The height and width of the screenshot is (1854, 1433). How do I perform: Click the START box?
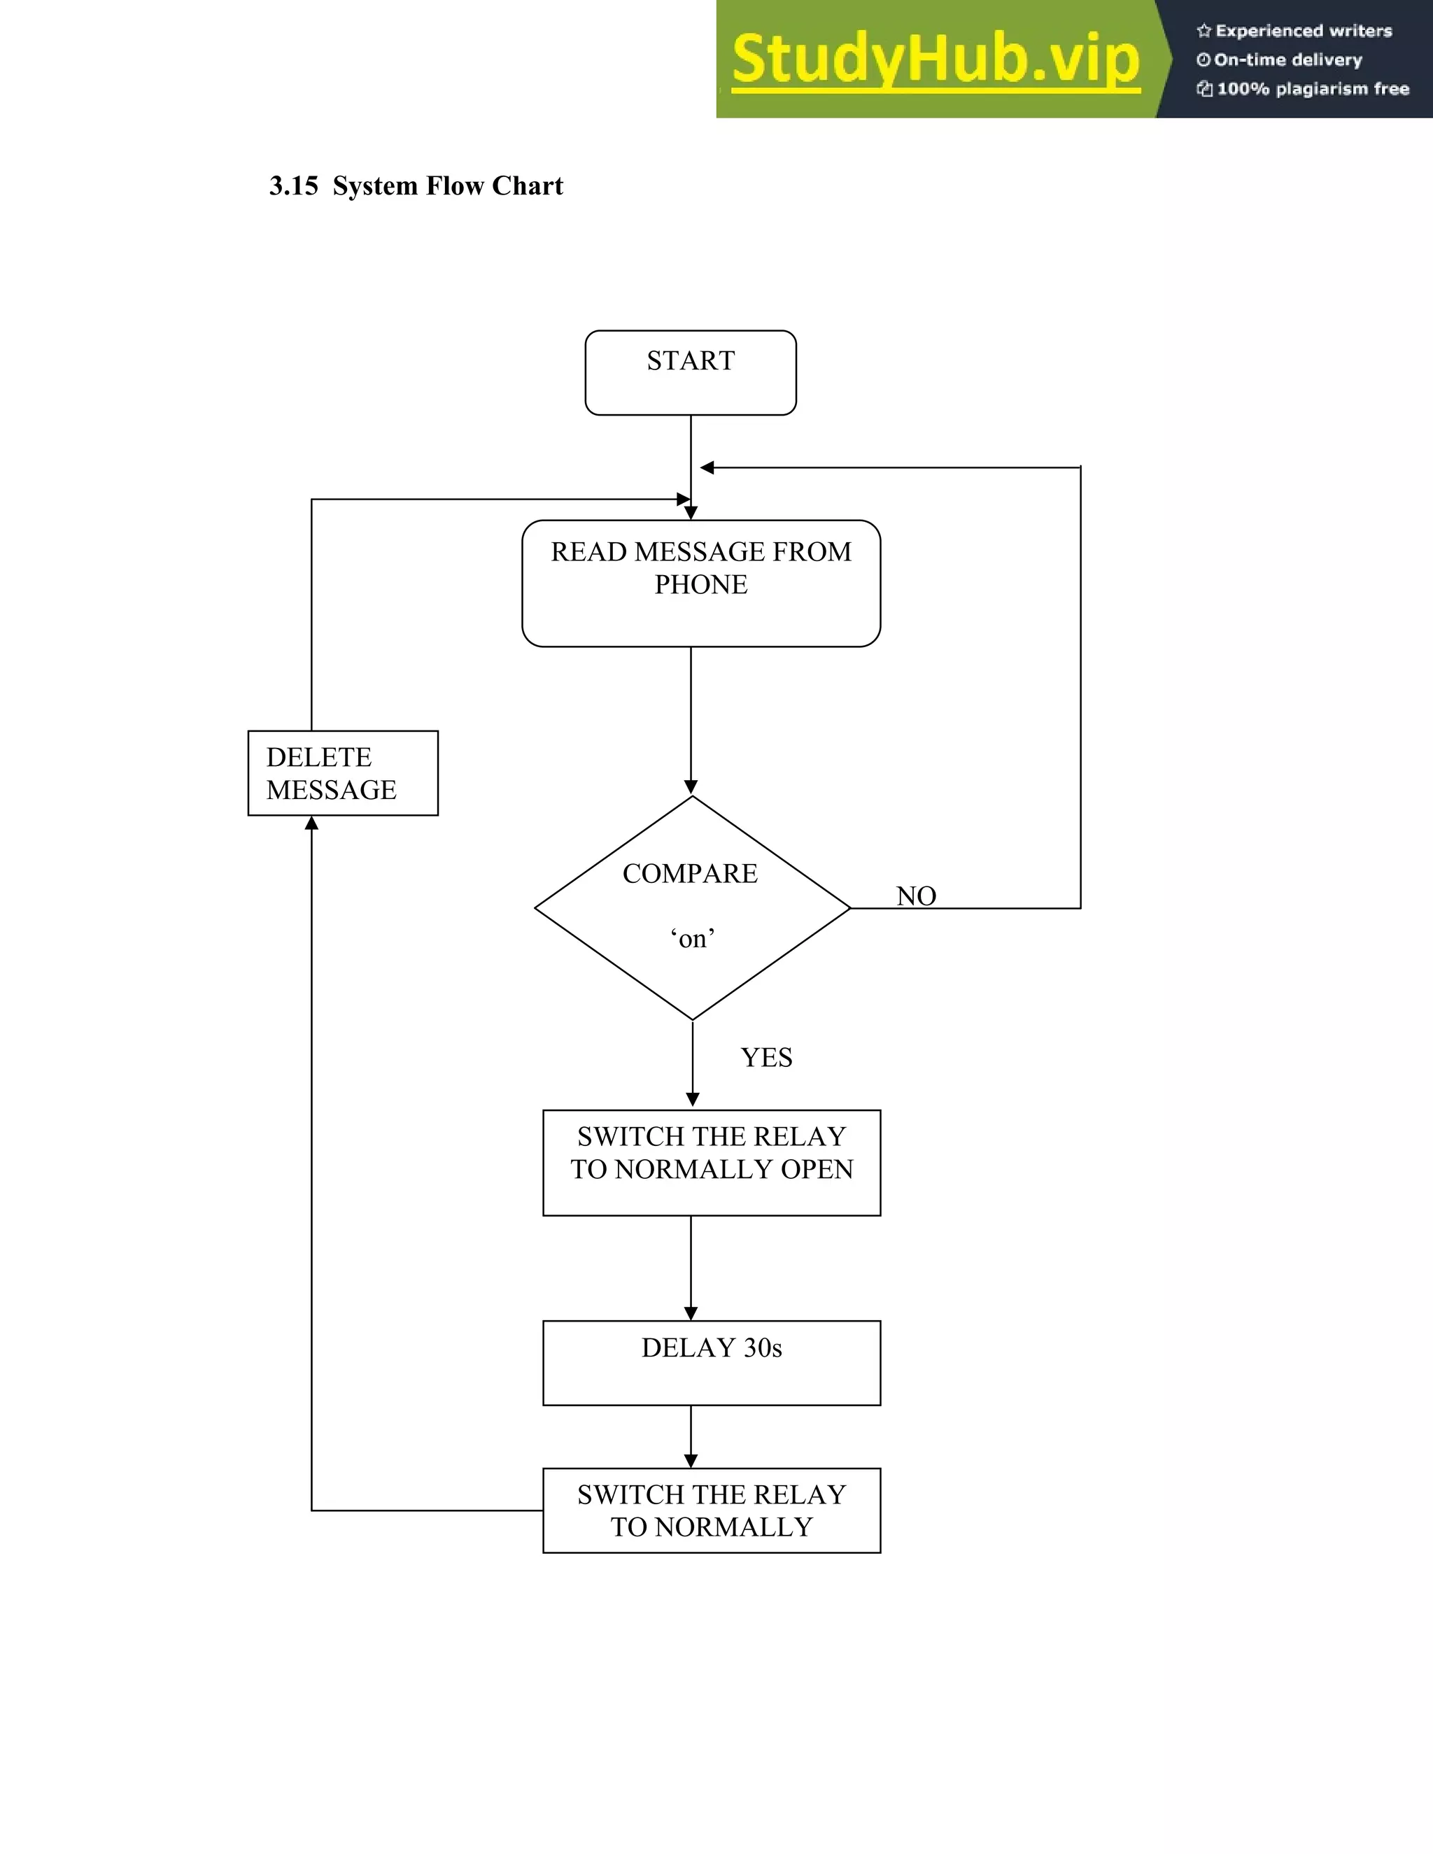tap(690, 373)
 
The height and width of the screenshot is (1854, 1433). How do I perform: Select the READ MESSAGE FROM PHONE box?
tap(700, 583)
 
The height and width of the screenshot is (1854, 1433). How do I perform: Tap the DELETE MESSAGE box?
tap(343, 772)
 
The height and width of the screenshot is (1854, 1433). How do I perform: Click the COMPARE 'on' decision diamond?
tap(692, 907)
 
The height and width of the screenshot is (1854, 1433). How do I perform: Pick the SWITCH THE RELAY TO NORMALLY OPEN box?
tap(712, 1162)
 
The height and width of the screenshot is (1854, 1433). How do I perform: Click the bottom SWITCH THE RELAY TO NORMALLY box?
tap(712, 1510)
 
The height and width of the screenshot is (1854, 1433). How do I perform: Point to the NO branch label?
tap(916, 896)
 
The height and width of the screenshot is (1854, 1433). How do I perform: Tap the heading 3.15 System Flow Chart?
tap(416, 186)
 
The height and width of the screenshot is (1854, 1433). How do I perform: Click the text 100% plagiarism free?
tap(1313, 89)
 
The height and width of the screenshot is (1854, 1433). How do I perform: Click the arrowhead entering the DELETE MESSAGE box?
tap(311, 823)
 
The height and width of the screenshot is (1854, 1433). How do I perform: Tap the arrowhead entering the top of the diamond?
tap(691, 787)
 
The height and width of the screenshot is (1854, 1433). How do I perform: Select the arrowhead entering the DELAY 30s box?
tap(691, 1313)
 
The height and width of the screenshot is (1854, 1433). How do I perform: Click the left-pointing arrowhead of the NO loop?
tap(706, 468)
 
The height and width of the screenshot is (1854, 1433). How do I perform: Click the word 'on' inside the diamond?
tap(692, 939)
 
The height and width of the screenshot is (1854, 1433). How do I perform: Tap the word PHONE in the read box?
tap(700, 585)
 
